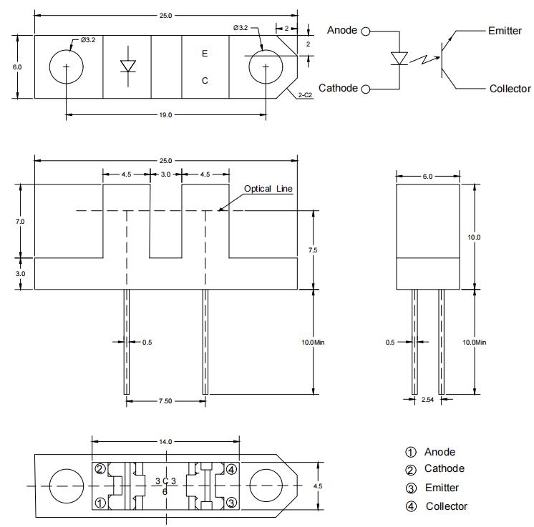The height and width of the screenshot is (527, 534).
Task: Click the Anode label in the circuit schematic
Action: coord(342,30)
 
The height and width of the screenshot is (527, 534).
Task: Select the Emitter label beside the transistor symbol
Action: coord(505,31)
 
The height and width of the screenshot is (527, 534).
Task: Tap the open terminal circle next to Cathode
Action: coord(366,89)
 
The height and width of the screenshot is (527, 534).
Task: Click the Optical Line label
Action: coord(268,189)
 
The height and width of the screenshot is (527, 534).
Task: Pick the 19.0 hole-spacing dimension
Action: coord(165,114)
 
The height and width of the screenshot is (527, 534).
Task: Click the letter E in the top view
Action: coord(205,54)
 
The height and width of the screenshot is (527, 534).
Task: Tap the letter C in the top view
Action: coord(205,81)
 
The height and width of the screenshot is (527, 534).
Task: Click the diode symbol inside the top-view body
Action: coord(128,66)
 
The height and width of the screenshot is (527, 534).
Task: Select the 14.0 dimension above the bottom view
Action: coord(166,442)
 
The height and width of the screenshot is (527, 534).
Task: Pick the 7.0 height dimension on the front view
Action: coord(19,222)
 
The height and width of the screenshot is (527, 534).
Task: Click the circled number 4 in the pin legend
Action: coord(411,506)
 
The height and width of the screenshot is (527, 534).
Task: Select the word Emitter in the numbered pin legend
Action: coord(442,488)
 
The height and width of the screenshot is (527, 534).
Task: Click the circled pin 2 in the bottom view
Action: coord(100,469)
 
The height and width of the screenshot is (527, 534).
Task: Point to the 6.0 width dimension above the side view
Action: coord(427,176)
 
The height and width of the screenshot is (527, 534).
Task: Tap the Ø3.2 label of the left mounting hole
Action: coord(88,40)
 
